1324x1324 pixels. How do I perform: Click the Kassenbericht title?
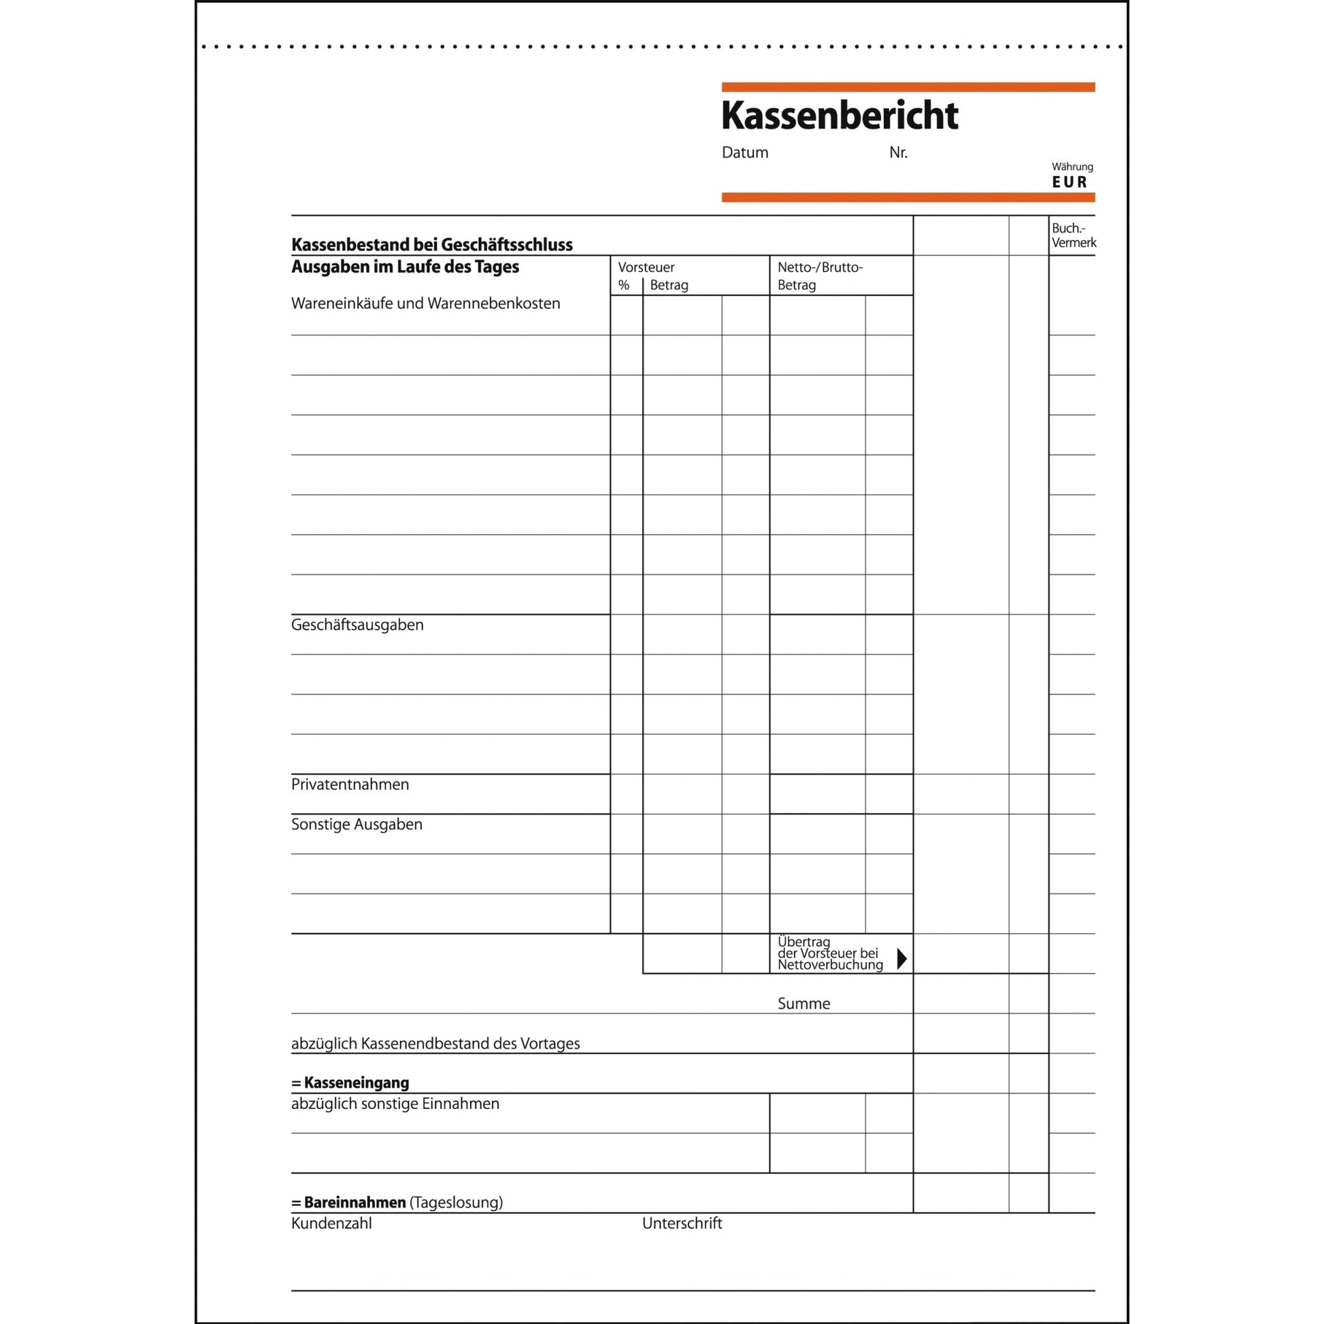pos(840,115)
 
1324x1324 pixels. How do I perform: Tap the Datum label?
pos(745,153)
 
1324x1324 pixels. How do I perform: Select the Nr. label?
pos(897,153)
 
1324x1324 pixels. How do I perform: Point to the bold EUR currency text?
pos(1070,182)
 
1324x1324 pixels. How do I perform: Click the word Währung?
pos(1072,167)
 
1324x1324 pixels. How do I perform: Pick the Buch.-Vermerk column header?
pos(1072,235)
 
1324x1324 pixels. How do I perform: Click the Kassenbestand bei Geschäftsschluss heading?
pos(432,245)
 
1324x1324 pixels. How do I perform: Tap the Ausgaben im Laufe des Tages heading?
pos(405,267)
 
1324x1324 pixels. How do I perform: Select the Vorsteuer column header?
pos(646,267)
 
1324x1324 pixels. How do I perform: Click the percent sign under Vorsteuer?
pos(624,285)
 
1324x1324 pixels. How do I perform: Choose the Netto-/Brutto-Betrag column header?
pos(820,276)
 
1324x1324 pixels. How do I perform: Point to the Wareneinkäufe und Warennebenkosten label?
pos(426,303)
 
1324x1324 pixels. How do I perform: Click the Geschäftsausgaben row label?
pos(357,625)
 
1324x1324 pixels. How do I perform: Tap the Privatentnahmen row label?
pos(350,784)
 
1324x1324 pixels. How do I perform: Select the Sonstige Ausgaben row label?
pos(357,825)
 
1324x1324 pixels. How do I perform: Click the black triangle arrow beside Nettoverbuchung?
pos(901,959)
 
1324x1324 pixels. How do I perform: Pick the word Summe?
pos(804,1004)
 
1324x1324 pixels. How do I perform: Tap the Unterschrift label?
pos(682,1223)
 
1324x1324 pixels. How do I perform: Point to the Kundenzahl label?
pos(332,1223)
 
